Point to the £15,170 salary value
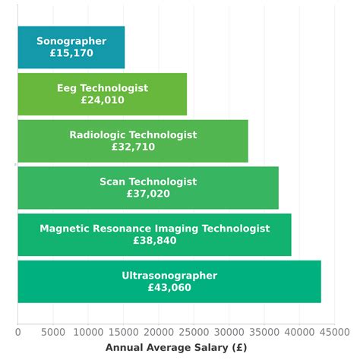pyautogui.click(x=71, y=54)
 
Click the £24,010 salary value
pyautogui.click(x=103, y=100)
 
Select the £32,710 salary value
pyautogui.click(x=133, y=147)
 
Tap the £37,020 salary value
pyautogui.click(x=148, y=194)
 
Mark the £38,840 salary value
pyautogui.click(x=155, y=240)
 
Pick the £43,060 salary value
pyautogui.click(x=169, y=288)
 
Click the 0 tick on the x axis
pyautogui.click(x=17, y=332)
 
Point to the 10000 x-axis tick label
pyautogui.click(x=88, y=332)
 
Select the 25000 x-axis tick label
pyautogui.click(x=194, y=332)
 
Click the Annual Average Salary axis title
pyautogui.click(x=176, y=348)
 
